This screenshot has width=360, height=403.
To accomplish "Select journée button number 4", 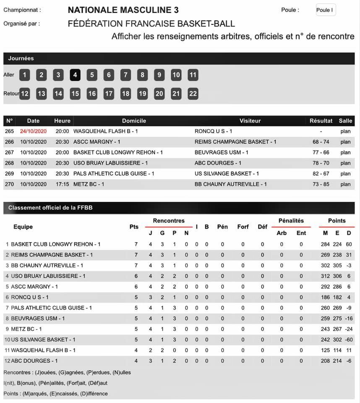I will pos(75,75).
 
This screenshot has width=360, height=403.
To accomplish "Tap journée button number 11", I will pos(193,75).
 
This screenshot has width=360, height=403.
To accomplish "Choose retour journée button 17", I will pos(109,94).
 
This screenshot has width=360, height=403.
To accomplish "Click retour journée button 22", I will pos(193,94).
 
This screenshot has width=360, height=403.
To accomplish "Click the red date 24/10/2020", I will pos(33,131).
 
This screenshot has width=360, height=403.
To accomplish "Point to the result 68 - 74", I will pos(321,142).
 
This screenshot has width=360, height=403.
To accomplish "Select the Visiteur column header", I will pos(250,121).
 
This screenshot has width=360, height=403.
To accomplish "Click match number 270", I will pos(9,184).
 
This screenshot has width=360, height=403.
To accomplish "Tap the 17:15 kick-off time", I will pos(62,184).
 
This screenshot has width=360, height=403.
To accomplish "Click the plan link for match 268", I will pos(345,163).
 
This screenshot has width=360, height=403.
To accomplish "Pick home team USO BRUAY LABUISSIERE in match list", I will pos(110,163).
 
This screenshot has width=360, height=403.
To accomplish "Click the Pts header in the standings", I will pos(134,227).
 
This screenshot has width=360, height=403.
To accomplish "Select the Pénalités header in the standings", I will pos(291,221).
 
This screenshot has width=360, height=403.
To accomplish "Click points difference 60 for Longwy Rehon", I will pos(349,244).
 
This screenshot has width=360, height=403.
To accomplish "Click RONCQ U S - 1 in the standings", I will pos(30,297).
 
